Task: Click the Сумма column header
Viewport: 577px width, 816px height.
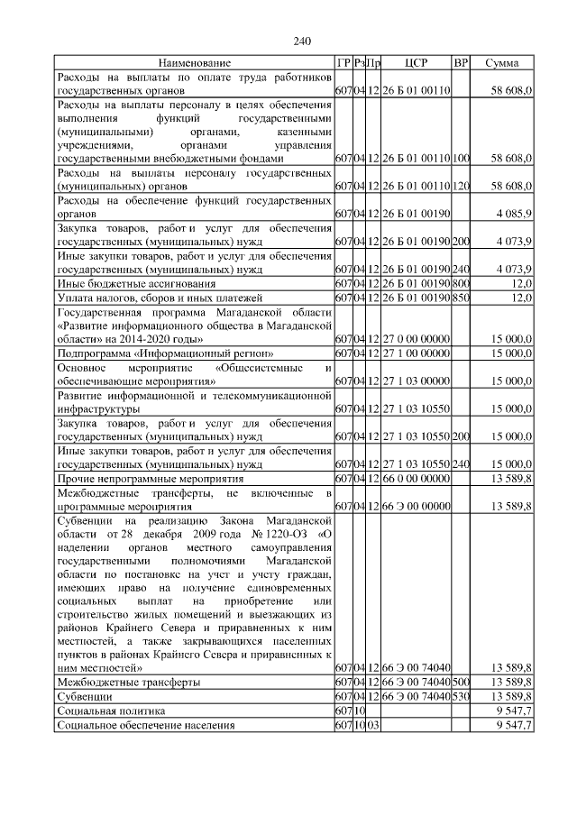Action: pyautogui.click(x=501, y=63)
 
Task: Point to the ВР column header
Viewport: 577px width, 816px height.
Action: pyautogui.click(x=461, y=63)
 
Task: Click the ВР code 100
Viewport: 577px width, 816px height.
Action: pyautogui.click(x=461, y=159)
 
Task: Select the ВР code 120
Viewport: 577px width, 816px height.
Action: pyautogui.click(x=461, y=187)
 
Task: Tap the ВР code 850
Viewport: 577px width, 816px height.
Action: pyautogui.click(x=461, y=298)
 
